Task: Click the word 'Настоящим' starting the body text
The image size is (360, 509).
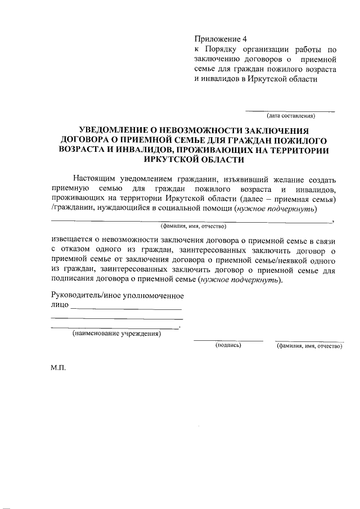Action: coord(95,179)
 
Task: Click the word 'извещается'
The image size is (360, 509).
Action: coord(73,239)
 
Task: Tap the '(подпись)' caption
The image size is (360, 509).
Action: coord(228,345)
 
